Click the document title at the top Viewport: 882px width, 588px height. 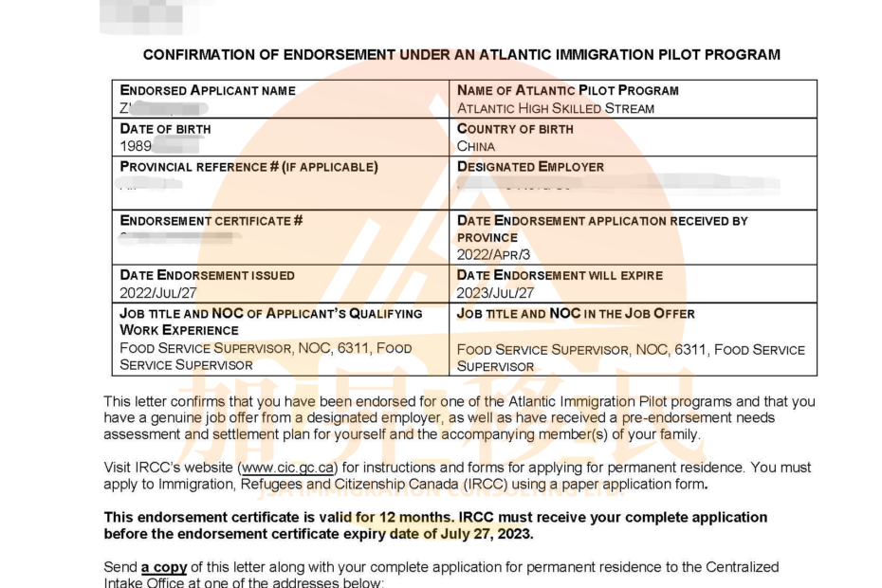point(461,55)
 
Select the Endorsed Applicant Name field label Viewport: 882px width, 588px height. point(208,91)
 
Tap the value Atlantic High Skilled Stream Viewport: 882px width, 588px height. point(556,108)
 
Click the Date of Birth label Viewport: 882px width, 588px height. point(166,129)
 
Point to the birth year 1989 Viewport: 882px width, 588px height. point(137,146)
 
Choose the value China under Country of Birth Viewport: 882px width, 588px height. point(476,146)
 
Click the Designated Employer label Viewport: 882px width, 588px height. point(530,167)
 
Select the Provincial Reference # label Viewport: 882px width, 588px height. point(248,167)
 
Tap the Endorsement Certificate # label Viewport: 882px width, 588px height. point(211,221)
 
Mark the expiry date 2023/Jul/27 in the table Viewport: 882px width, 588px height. point(494,293)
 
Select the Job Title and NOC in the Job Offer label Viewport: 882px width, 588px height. point(576,314)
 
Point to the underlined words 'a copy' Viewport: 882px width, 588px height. point(164,567)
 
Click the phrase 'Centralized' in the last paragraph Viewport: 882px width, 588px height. point(743,567)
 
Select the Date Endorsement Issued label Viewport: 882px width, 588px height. point(208,275)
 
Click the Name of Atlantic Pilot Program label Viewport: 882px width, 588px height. point(567,91)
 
